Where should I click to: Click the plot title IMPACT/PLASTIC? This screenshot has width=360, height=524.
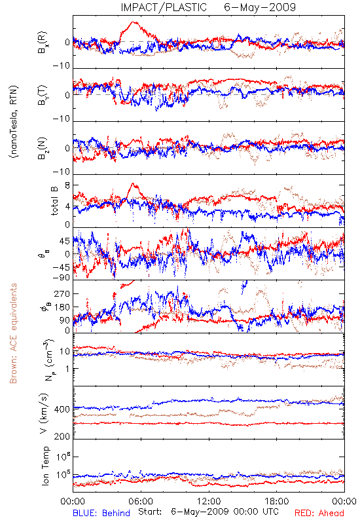pyautogui.click(x=164, y=7)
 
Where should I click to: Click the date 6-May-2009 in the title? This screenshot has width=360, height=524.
pyautogui.click(x=260, y=7)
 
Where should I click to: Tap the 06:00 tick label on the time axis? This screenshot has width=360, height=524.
pyautogui.click(x=141, y=501)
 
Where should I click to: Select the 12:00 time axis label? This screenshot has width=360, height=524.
pyautogui.click(x=209, y=501)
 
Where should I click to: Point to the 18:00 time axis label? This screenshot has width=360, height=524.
pyautogui.click(x=276, y=501)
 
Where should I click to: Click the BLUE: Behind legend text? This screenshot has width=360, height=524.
pyautogui.click(x=101, y=513)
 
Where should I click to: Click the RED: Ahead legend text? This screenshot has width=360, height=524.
pyautogui.click(x=319, y=513)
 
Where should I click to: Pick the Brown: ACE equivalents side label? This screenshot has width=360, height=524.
pyautogui.click(x=13, y=333)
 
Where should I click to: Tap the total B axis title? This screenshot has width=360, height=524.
pyautogui.click(x=54, y=201)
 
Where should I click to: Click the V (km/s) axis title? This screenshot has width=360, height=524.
pyautogui.click(x=44, y=413)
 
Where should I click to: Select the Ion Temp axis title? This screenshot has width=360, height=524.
pyautogui.click(x=45, y=466)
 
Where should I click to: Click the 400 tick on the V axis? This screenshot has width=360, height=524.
pyautogui.click(x=63, y=409)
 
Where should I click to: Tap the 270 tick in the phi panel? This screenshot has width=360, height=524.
pyautogui.click(x=63, y=294)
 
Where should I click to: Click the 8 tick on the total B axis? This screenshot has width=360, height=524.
pyautogui.click(x=67, y=185)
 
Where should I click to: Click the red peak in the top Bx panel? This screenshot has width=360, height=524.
pyautogui.click(x=134, y=22)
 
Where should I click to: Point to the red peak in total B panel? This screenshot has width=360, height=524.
pyautogui.click(x=133, y=183)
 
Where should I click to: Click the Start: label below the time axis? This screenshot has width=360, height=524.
pyautogui.click(x=150, y=512)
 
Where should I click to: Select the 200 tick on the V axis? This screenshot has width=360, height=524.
pyautogui.click(x=63, y=436)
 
